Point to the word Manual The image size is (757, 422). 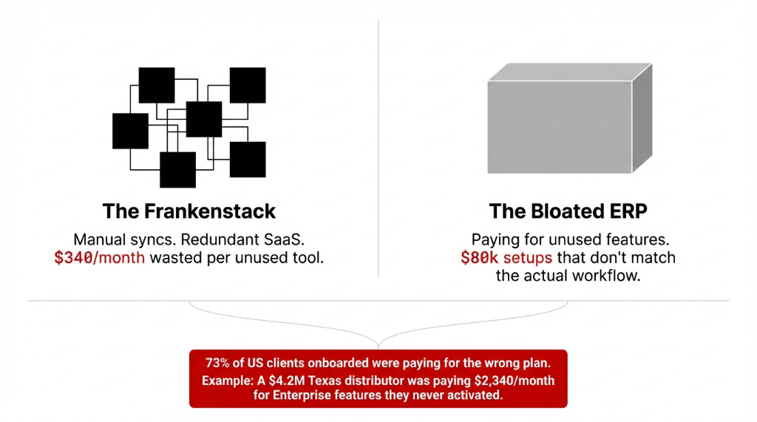[101, 239]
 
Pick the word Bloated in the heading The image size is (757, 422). [560, 211]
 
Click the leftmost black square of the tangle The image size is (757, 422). [130, 131]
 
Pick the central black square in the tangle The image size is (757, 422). [204, 120]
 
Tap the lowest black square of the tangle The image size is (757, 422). [178, 170]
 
